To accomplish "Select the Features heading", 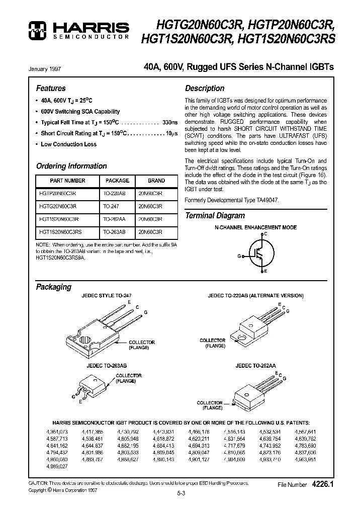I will (51, 88).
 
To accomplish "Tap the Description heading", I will (205, 88).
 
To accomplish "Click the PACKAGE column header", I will (117, 181).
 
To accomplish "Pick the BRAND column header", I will (156, 181).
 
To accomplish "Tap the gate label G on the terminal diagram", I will (239, 256).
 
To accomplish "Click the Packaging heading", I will (54, 287).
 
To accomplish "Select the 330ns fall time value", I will (170, 122).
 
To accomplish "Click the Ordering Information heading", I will (71, 166).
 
